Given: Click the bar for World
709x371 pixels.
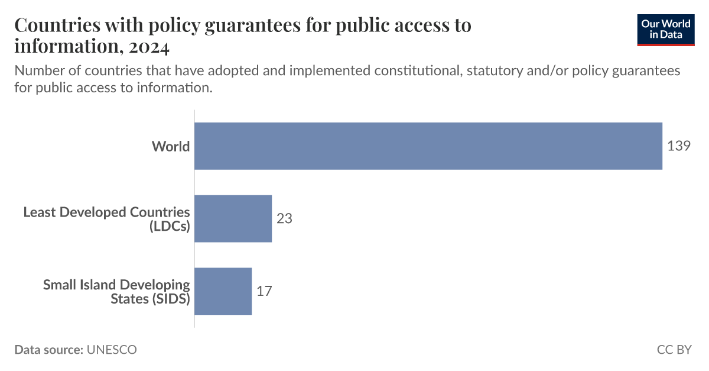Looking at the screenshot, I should pos(428,146).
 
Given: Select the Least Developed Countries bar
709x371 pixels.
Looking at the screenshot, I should pos(233,218).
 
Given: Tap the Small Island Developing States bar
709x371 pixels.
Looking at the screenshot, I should pos(223,291).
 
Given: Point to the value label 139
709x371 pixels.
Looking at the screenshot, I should pos(678,146).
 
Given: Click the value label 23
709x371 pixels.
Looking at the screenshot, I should pos(284,218).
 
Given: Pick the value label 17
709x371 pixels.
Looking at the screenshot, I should pos(264,291).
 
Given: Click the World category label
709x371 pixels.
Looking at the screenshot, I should pos(171,146).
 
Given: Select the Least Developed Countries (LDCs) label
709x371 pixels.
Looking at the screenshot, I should pos(107,218).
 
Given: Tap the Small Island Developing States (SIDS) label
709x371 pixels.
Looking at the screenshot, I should pos(116,291).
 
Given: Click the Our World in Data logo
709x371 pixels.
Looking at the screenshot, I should pos(666,29).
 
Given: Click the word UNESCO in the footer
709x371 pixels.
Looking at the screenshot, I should pos(112,350).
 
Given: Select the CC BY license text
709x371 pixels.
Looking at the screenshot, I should pos(674,350).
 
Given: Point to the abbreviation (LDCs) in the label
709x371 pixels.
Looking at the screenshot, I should pos(170,226).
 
